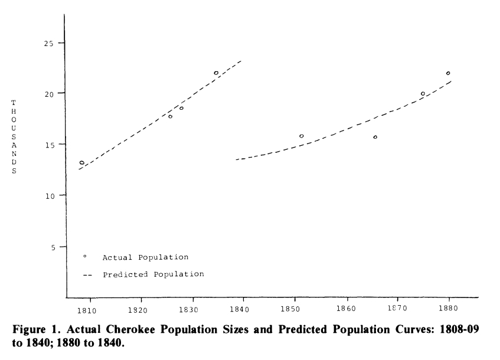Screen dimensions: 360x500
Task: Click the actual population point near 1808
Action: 81,162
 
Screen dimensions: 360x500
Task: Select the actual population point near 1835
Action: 216,73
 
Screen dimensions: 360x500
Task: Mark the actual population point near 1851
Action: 302,136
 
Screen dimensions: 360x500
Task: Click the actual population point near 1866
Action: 375,137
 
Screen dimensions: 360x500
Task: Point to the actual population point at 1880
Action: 448,73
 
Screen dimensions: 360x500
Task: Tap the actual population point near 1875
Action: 423,93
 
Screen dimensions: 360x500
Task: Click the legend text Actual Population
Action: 145,257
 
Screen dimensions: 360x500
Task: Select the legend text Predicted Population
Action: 153,274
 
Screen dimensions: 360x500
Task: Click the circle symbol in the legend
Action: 85,256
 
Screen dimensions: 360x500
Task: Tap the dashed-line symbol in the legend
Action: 88,275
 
